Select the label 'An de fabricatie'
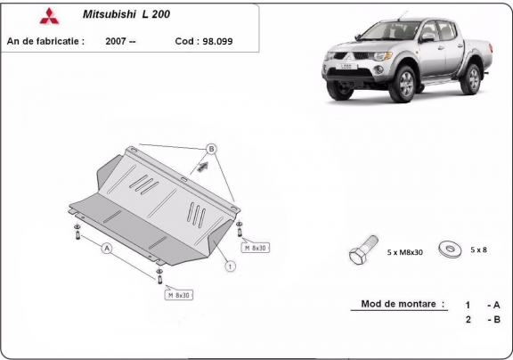coord(45,41)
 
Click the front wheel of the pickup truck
coord(406,87)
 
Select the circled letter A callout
coord(106,249)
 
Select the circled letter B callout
coord(211,148)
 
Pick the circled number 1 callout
coord(229,265)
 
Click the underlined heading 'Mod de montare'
coord(403,304)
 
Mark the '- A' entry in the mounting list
coord(493,304)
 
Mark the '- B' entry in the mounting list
coord(493,320)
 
